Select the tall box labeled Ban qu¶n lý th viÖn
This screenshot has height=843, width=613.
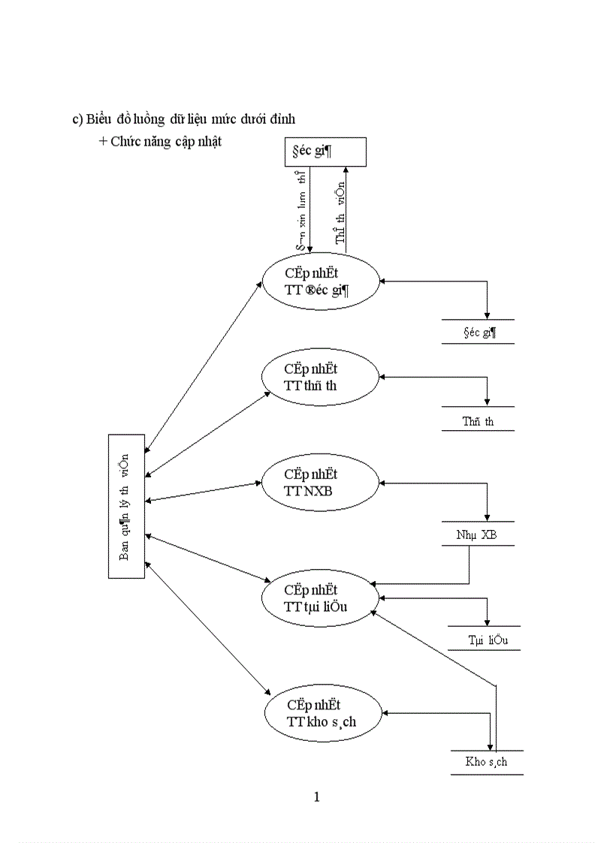point(125,506)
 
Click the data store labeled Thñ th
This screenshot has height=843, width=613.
point(478,421)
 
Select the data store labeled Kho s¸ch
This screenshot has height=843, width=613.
point(487,762)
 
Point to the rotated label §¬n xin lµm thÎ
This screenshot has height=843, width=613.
point(300,212)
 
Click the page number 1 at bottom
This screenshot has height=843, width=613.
point(317,796)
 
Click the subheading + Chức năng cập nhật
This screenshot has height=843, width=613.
point(159,141)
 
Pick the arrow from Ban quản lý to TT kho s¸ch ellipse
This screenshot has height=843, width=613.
point(207,628)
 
